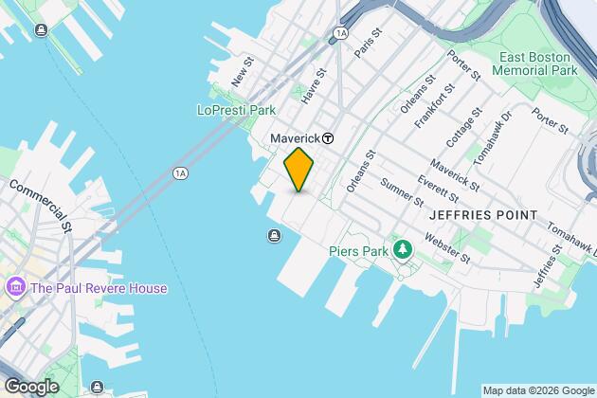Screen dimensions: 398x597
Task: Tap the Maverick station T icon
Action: [x=328, y=137]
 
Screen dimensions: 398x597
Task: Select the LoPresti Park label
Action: [x=236, y=111]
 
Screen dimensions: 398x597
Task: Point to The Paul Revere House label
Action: [x=99, y=288]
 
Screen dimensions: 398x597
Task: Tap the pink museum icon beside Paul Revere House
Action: [x=16, y=287]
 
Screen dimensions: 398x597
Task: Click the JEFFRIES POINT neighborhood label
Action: [x=482, y=215]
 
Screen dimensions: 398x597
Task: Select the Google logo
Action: [x=31, y=387]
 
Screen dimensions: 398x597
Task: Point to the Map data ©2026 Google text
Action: [x=536, y=390]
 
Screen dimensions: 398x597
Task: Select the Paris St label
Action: [x=368, y=44]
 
